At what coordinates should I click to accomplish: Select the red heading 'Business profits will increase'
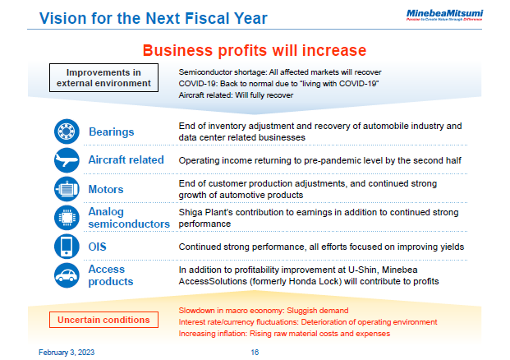(x=254, y=49)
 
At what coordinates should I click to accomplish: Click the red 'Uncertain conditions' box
(x=103, y=319)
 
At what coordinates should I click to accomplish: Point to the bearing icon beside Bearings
(x=66, y=132)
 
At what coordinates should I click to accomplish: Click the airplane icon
(x=66, y=159)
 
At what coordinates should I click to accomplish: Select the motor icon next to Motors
(x=66, y=189)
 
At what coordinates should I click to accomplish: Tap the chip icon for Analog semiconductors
(x=66, y=218)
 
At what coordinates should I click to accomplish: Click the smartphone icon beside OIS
(x=66, y=246)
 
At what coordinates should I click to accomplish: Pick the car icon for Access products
(x=66, y=275)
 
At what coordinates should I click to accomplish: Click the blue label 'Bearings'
(x=111, y=132)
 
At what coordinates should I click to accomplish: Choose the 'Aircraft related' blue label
(x=126, y=159)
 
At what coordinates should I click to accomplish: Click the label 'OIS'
(x=98, y=246)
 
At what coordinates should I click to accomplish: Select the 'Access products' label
(x=111, y=275)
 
